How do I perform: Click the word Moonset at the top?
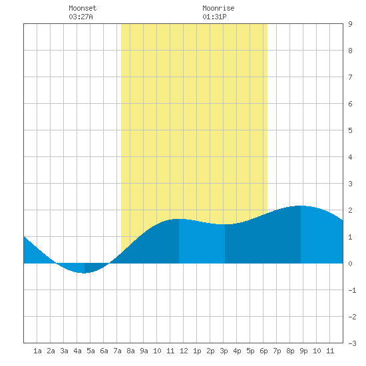coord(83,8)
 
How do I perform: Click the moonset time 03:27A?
coord(81,17)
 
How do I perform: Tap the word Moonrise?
coord(218,8)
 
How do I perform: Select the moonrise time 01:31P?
coord(214,17)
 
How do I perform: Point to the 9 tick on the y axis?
coord(350,24)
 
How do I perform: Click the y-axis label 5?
coord(350,130)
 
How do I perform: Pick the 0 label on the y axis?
coord(350,264)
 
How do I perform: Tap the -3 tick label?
coord(352,343)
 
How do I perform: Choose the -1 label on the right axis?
coord(352,290)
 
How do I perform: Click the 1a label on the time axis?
coord(37,351)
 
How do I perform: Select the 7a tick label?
coord(117,351)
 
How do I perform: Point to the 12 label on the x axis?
coord(184,351)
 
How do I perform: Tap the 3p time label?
coord(224,351)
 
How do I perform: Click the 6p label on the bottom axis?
coord(264,351)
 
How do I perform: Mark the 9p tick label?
coord(303,351)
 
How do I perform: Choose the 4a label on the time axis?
coord(77,351)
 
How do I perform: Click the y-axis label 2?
coord(350,210)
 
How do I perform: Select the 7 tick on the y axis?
coord(350,77)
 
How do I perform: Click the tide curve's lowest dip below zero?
coord(84,273)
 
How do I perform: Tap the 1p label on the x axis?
coord(197,351)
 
